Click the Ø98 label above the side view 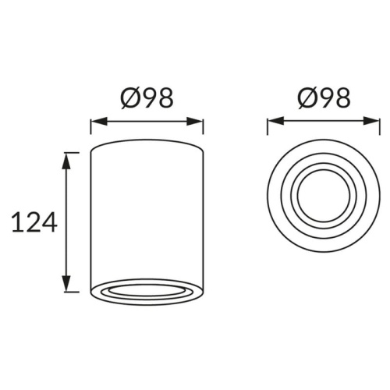tap(147, 98)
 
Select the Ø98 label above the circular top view tap(324, 98)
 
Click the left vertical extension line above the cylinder tap(91, 129)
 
